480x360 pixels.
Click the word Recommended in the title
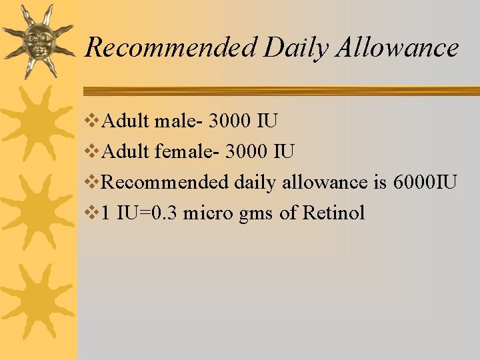[x=171, y=48]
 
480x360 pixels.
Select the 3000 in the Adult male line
[x=231, y=122]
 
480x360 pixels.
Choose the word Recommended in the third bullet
[x=167, y=183]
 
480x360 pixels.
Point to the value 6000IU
[x=425, y=183]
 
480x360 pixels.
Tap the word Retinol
[x=333, y=213]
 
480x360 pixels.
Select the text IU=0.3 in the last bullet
[x=147, y=213]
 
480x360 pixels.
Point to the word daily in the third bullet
[x=256, y=183]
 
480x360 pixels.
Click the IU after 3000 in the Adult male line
[x=268, y=122]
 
